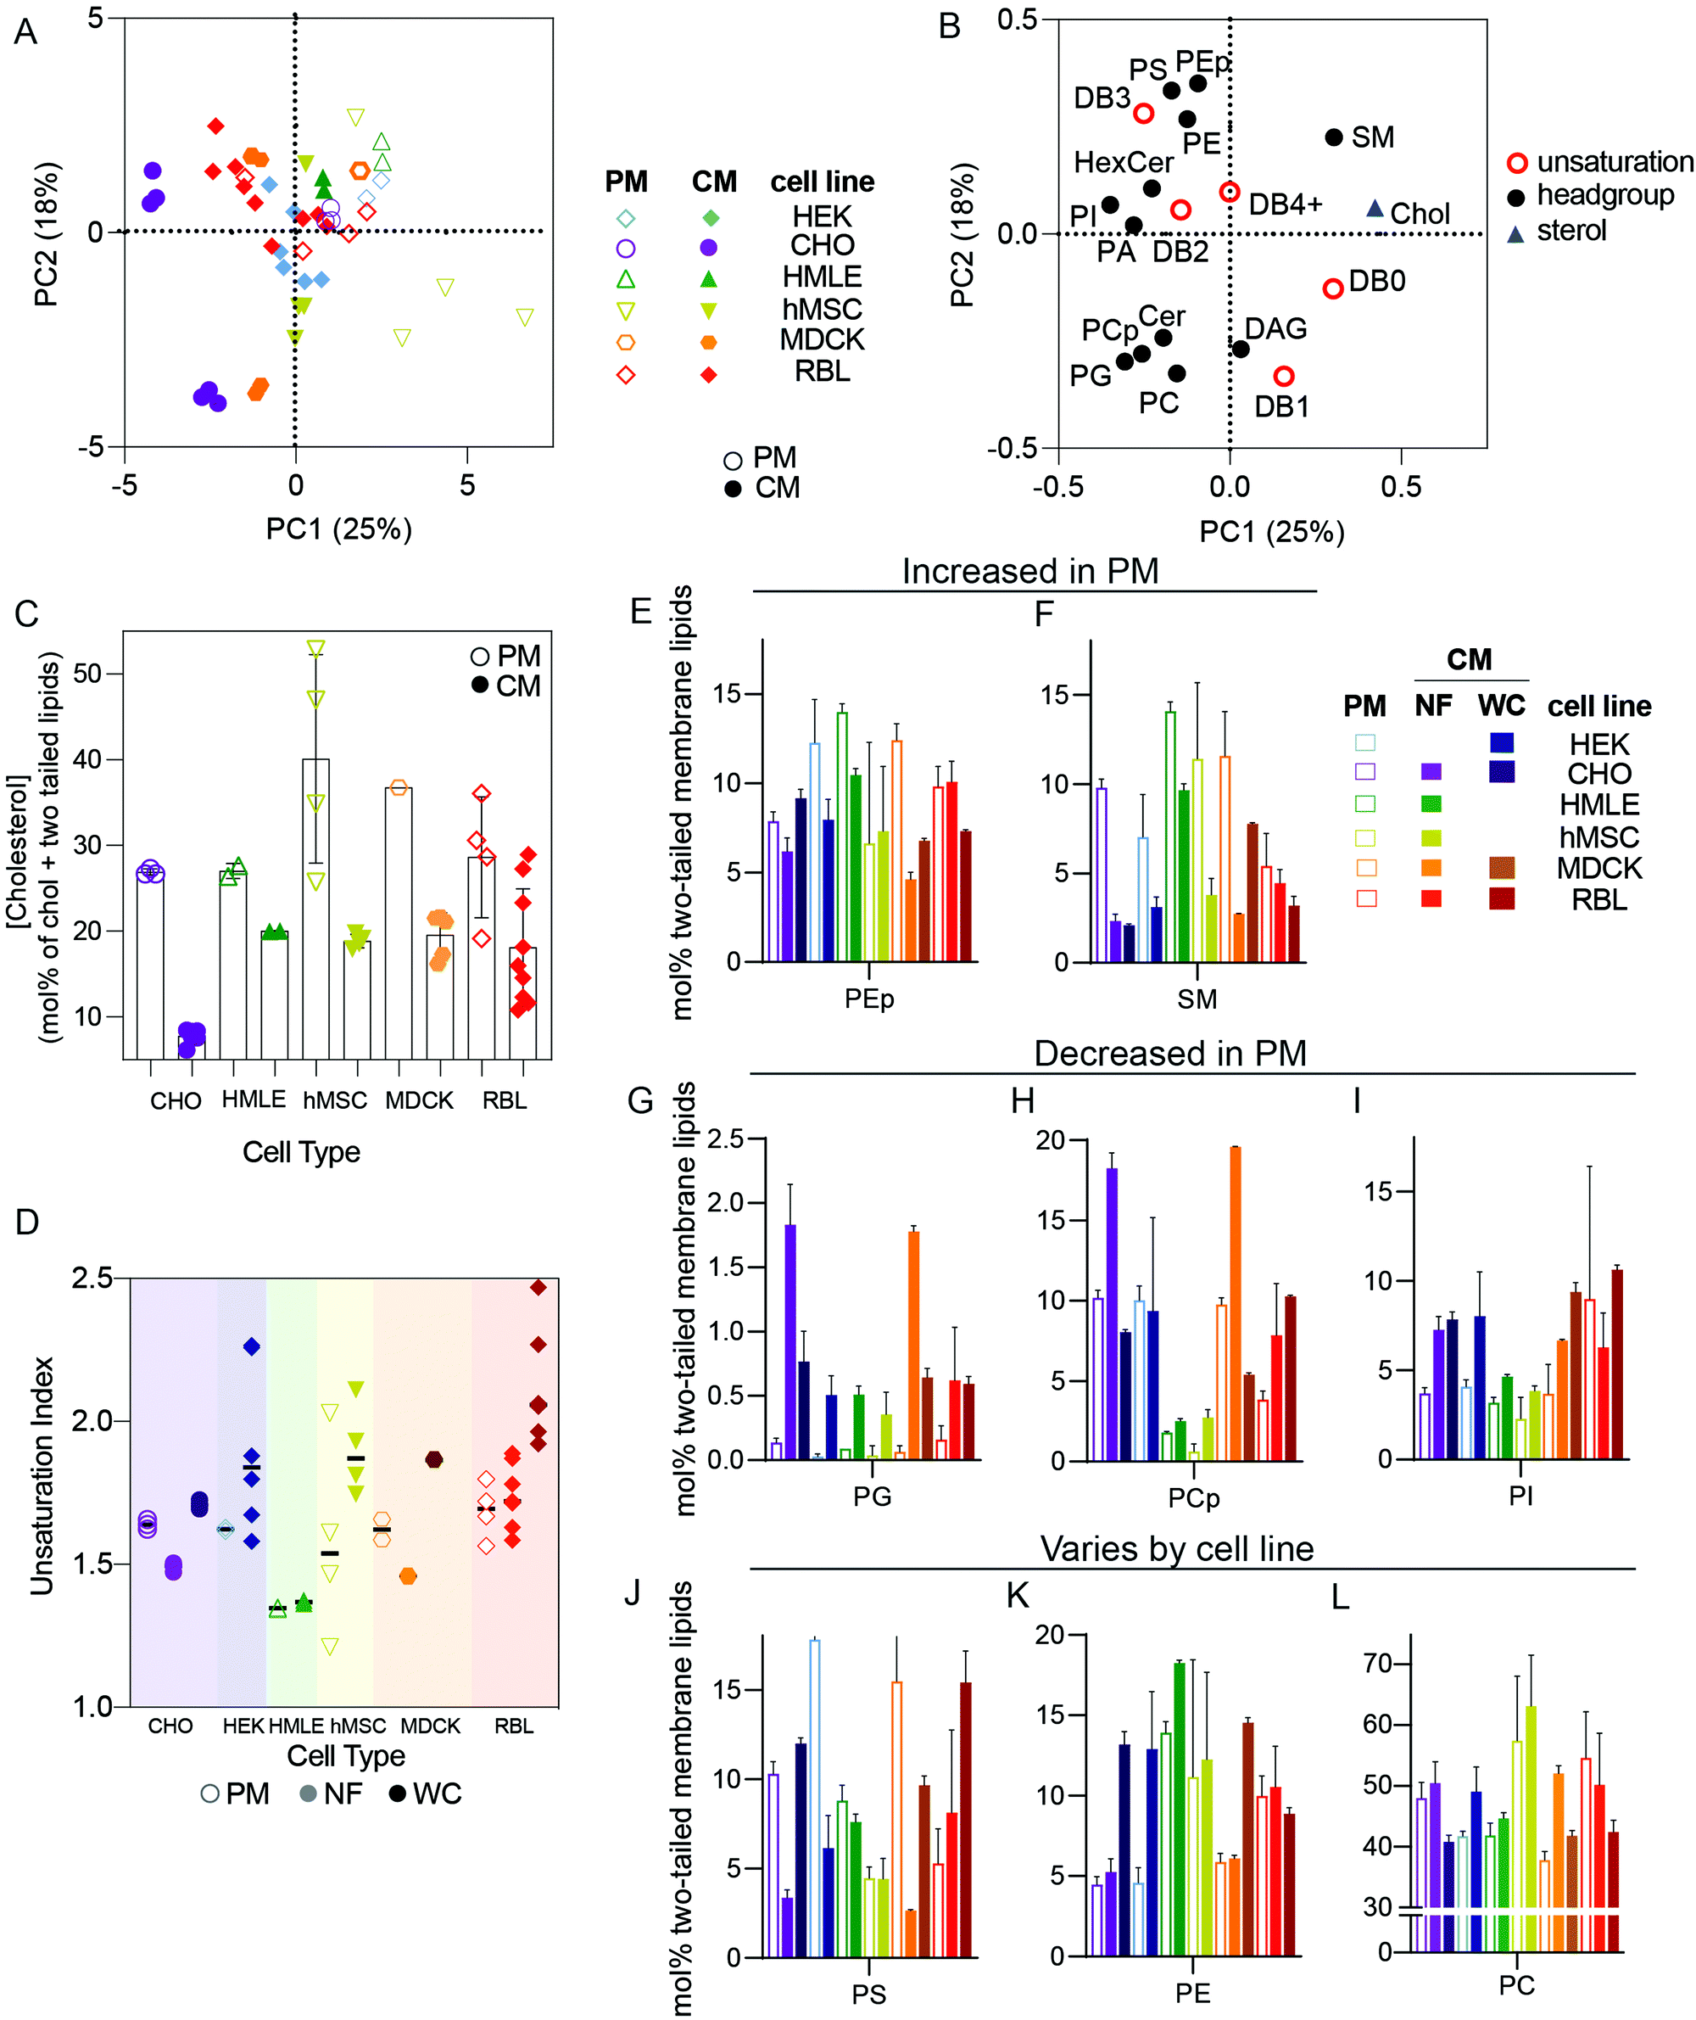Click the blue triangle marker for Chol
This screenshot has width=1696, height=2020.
point(1375,209)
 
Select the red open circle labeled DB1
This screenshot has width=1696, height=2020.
point(1284,376)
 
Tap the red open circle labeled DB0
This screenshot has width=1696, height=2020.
point(1332,288)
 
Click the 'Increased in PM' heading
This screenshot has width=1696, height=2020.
point(1029,571)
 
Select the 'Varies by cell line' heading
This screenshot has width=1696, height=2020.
point(1176,1548)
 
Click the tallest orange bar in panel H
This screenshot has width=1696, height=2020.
point(1235,1303)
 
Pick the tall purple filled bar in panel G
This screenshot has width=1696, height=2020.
point(790,1342)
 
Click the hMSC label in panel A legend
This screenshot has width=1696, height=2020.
point(821,309)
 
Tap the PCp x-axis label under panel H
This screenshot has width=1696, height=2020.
point(1193,1497)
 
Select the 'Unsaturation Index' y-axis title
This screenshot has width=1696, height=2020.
point(42,1475)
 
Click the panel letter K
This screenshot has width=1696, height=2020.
point(1018,1596)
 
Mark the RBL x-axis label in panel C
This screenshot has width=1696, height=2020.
point(504,1100)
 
